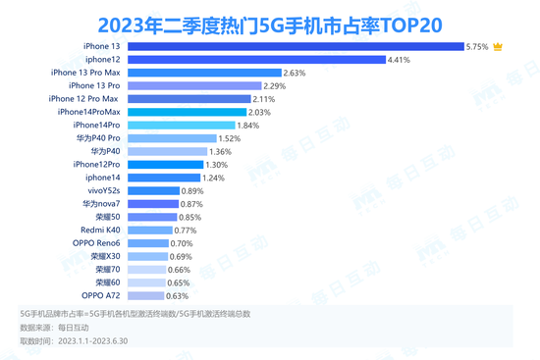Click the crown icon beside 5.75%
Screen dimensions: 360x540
499,46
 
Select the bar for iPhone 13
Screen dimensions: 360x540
294,46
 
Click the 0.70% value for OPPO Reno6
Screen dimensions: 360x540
182,242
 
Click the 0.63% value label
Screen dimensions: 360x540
178,294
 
